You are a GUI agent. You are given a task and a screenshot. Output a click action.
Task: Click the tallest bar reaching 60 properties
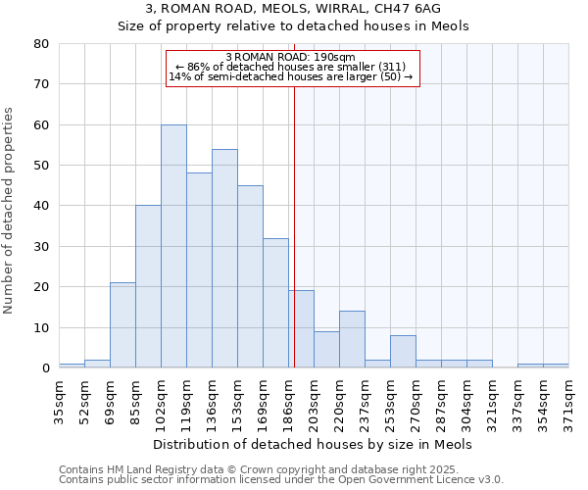pos(173,246)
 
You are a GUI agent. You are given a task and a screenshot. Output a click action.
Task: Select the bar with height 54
pos(224,259)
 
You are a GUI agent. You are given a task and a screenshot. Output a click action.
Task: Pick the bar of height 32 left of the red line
pos(275,303)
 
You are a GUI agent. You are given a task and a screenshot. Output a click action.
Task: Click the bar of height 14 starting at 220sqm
pos(352,339)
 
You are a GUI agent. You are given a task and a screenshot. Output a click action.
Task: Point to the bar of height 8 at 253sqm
pos(403,352)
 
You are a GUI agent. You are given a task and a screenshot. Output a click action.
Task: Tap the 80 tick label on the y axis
pos(40,44)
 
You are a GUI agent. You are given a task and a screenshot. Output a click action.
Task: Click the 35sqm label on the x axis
pos(59,401)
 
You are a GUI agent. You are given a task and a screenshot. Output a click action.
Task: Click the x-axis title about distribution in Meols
pos(314,444)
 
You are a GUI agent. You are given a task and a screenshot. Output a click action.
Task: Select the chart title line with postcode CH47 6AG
pos(294,8)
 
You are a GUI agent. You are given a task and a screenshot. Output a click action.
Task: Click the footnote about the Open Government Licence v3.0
pos(281,480)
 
